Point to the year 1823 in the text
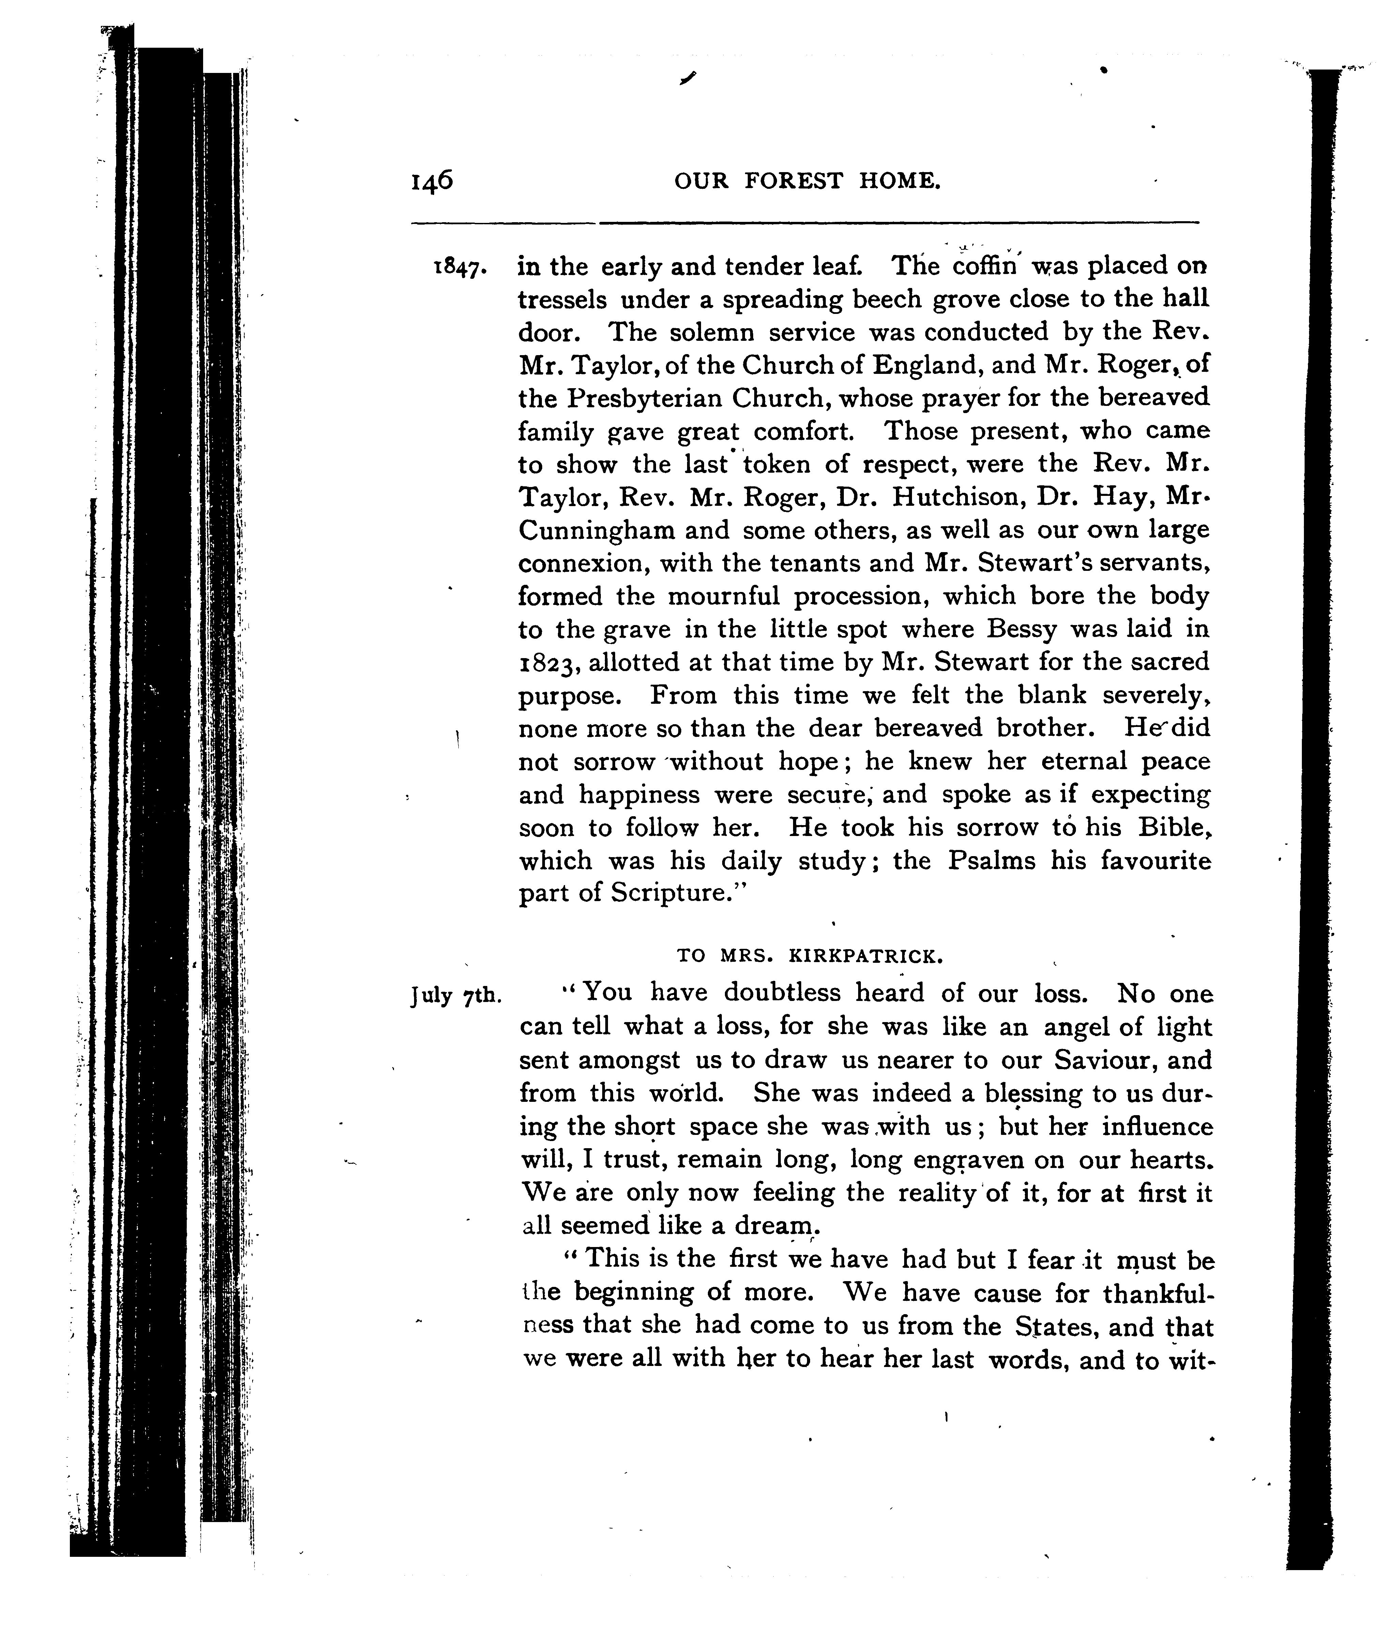551,663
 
